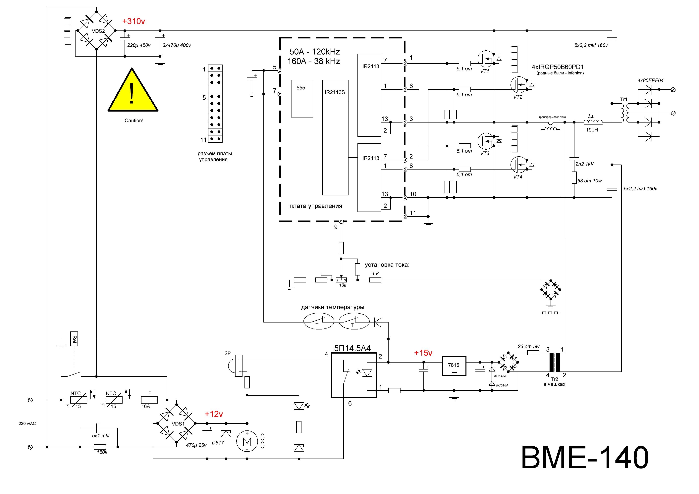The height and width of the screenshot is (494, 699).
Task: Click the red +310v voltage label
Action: pyautogui.click(x=134, y=21)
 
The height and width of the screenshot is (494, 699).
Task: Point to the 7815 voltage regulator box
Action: pyautogui.click(x=454, y=366)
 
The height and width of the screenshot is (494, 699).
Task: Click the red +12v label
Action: pyautogui.click(x=214, y=414)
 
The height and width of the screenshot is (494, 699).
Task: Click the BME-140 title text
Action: pyautogui.click(x=585, y=458)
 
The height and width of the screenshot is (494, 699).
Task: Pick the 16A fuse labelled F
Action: pyautogui.click(x=149, y=400)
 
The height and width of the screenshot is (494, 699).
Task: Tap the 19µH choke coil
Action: pyautogui.click(x=592, y=122)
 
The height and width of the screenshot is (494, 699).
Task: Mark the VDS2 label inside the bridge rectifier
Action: pyautogui.click(x=98, y=31)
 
